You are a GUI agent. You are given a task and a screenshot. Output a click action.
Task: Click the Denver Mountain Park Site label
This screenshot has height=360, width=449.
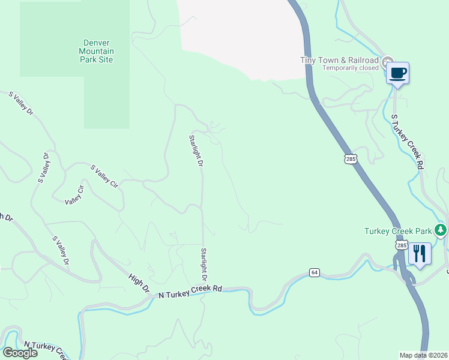click(x=98, y=51)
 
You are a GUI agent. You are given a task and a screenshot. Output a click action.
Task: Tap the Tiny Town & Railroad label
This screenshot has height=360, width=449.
click(x=339, y=60)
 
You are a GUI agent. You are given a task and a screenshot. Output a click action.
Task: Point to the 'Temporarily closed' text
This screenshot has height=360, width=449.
click(x=350, y=68)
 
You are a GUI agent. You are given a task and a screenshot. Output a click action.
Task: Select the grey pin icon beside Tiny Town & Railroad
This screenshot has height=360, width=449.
click(x=388, y=61)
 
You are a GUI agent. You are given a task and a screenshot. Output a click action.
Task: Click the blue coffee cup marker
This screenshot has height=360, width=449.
click(x=397, y=74)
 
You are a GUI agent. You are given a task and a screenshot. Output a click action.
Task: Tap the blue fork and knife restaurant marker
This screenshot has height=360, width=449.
click(x=420, y=254)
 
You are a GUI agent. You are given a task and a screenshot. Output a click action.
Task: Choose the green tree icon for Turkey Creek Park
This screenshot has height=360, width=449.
click(x=441, y=230)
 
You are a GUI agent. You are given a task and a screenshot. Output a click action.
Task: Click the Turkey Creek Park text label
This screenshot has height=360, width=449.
click(x=398, y=231)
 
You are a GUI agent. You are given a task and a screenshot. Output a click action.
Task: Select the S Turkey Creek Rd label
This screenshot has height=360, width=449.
click(x=408, y=141)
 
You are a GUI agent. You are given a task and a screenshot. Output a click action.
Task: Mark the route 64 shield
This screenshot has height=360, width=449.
click(x=314, y=272)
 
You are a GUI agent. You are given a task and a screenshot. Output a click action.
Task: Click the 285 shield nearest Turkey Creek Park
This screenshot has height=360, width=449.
click(x=401, y=246)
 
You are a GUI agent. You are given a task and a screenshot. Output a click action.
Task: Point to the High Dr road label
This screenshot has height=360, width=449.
click(x=139, y=283)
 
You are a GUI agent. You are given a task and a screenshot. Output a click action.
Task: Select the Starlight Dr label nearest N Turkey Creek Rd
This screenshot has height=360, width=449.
click(x=204, y=264)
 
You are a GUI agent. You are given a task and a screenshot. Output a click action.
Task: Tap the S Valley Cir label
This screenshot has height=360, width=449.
click(x=104, y=177)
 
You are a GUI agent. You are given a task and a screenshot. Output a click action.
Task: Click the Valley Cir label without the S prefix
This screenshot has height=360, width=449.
click(x=74, y=195)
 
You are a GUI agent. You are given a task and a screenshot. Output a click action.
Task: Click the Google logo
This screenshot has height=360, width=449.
click(x=20, y=353)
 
